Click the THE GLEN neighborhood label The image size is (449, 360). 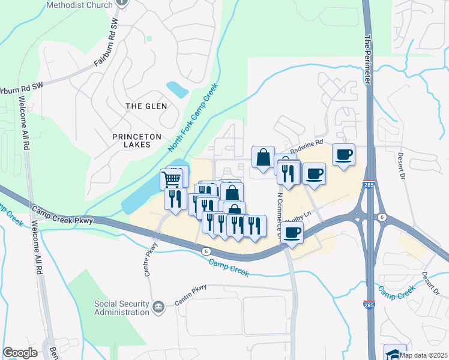[x=146, y=106]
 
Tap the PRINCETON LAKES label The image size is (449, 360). [x=137, y=141]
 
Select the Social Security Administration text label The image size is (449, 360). [x=122, y=307]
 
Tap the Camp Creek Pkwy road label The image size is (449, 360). [x=57, y=212]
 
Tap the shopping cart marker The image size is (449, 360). [x=172, y=178]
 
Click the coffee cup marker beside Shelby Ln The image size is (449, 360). [x=292, y=233]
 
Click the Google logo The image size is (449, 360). [x=20, y=353]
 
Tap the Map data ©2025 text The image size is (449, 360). [x=425, y=355]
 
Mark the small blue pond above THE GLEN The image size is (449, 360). [x=178, y=90]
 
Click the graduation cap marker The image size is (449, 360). [x=395, y=353]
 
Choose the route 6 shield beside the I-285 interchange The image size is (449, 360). [x=382, y=216]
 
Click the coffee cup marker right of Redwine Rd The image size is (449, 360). [x=343, y=155]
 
